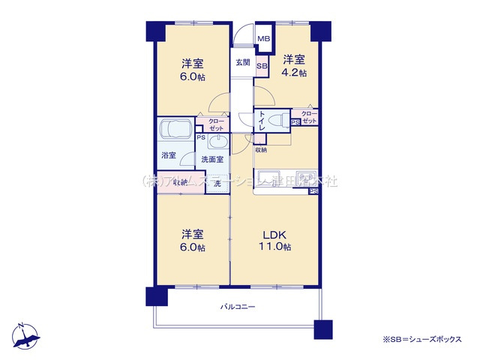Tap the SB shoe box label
(262, 66)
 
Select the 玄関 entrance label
(241, 62)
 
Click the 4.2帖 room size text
(294, 73)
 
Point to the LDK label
(274, 234)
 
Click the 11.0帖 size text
(276, 247)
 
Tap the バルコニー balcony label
(238, 307)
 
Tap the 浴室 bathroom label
(169, 155)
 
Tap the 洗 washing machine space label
(217, 183)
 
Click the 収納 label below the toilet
(260, 150)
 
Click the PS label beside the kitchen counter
(312, 192)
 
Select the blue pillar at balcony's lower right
(322, 329)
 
